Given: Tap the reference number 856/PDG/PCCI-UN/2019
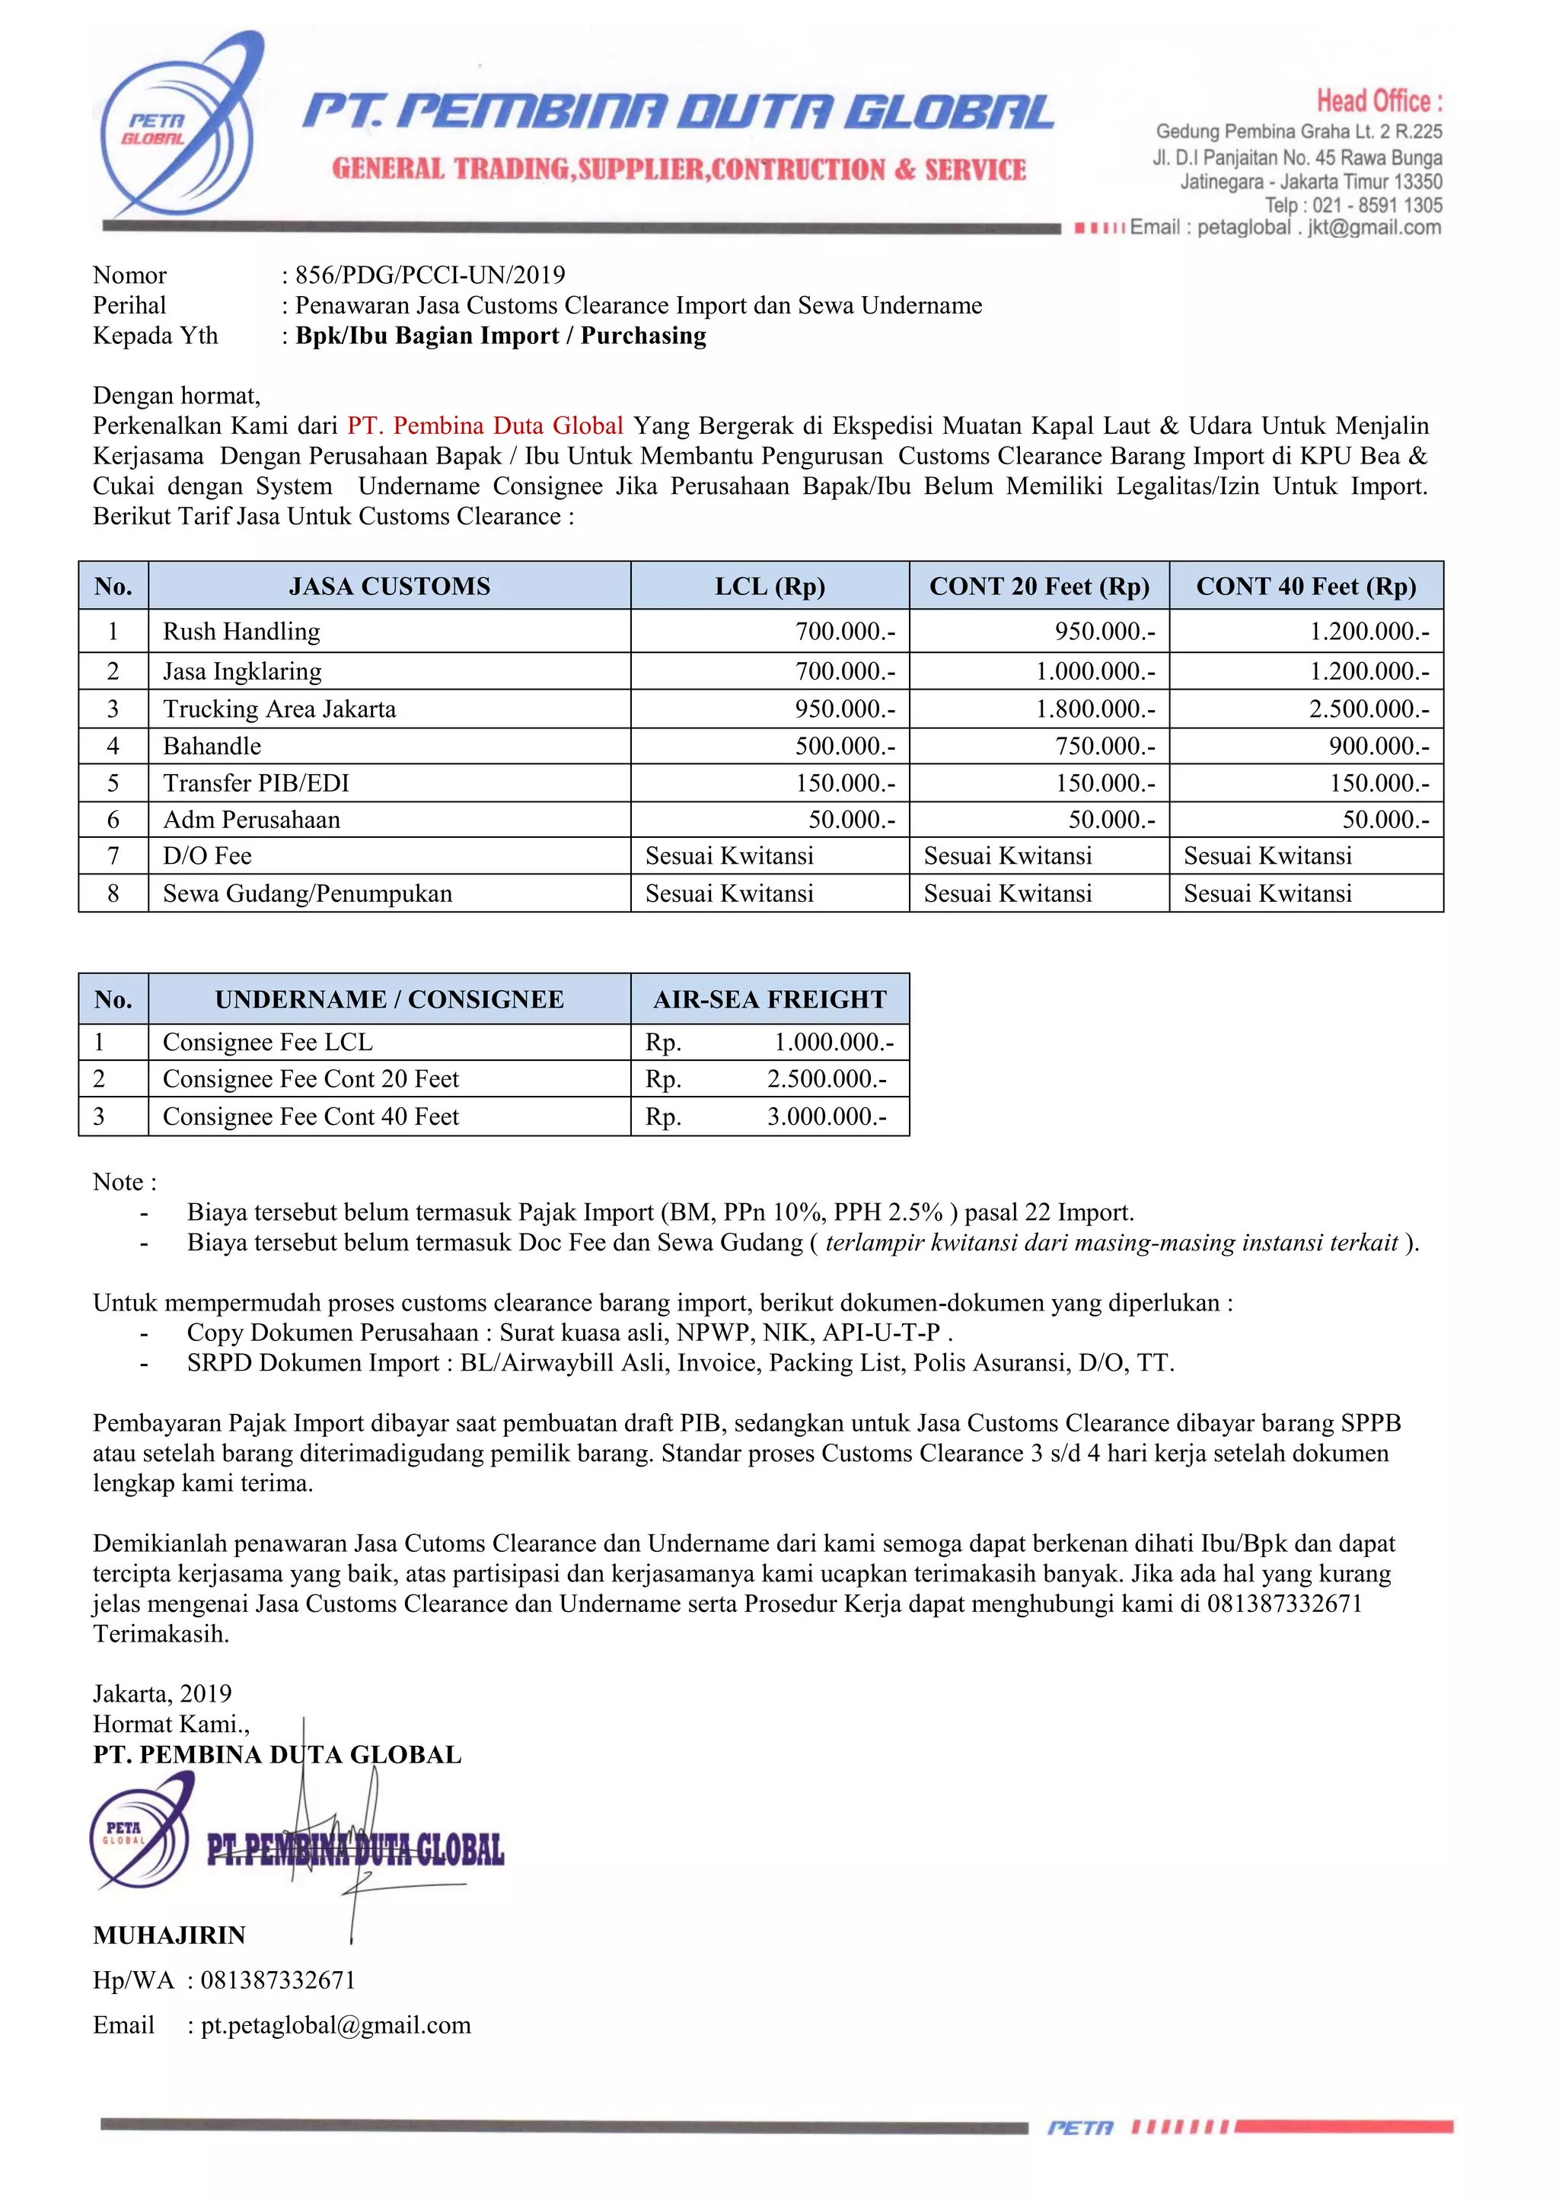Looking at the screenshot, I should click(x=430, y=275).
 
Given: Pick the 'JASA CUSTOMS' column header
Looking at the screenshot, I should click(x=389, y=587).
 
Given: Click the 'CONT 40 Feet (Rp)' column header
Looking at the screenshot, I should click(x=1306, y=587).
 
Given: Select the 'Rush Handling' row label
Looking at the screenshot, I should click(x=241, y=632).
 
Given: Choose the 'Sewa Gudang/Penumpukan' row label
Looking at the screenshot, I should click(x=308, y=893).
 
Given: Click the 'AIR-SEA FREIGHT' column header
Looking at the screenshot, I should click(x=769, y=999).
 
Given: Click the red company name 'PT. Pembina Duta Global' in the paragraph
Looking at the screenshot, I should click(x=485, y=425).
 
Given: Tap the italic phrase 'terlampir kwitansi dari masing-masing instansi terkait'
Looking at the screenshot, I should click(x=1111, y=1243).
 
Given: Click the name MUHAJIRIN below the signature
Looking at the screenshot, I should click(x=169, y=1935).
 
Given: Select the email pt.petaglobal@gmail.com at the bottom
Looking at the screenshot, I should click(x=335, y=2025).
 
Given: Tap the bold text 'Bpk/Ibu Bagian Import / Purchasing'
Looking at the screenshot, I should click(x=500, y=336).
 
